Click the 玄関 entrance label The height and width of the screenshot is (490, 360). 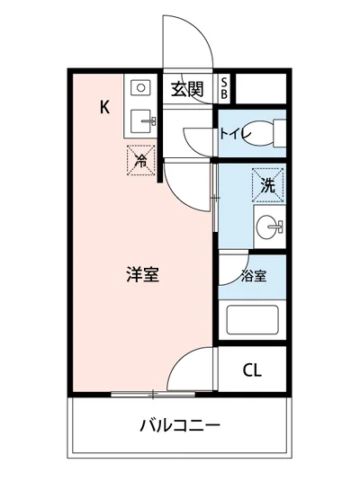pos(186,88)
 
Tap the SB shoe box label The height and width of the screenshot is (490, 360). pos(224,88)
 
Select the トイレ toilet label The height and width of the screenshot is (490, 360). pos(233,134)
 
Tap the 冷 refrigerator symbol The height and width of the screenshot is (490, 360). pos(140,160)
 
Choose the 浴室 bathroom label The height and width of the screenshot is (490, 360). pos(253,276)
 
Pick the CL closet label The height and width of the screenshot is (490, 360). pos(253,369)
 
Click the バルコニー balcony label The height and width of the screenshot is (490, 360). pos(180,424)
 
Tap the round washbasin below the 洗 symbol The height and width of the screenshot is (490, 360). pos(268,227)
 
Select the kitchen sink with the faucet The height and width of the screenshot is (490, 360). pos(142,119)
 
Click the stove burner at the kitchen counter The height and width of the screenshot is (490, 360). pos(142,87)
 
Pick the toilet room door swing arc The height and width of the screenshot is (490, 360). pos(196,139)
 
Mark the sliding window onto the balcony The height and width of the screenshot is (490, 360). pos(153,393)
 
